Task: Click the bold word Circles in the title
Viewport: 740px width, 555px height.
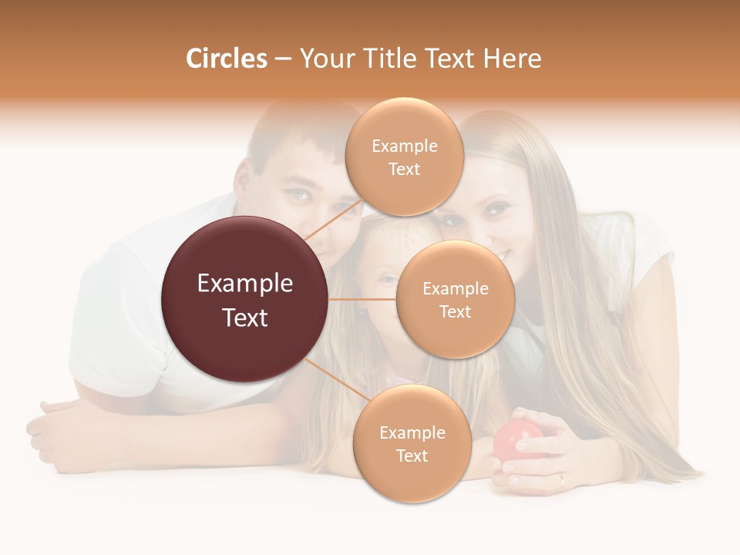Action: pos(226,59)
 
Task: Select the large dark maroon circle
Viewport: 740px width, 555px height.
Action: pos(244,299)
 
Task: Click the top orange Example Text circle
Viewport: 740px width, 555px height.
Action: pos(404,156)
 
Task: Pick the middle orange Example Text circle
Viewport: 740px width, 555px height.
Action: pos(455,299)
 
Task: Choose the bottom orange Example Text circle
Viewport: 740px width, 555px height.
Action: pos(412,443)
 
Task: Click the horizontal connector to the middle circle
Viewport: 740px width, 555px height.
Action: pos(362,299)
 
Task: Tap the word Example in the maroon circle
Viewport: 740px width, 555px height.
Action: pos(244,284)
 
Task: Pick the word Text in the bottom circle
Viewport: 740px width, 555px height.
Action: pos(412,456)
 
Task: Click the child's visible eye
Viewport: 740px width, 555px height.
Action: pos(386,279)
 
